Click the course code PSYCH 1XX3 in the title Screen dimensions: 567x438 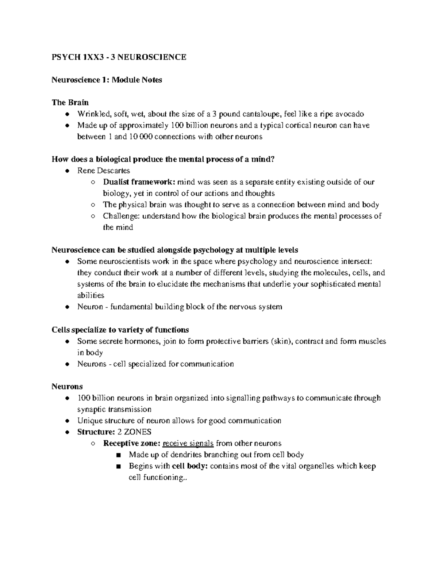click(x=73, y=57)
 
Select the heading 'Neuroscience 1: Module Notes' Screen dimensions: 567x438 click(x=107, y=80)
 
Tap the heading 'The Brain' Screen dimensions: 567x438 click(x=70, y=102)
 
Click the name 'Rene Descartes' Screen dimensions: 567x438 click(x=103, y=171)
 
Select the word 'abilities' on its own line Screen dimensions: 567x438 click(x=91, y=295)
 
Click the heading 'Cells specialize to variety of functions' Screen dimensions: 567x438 click(x=120, y=330)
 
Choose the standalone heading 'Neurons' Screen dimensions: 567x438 click(x=67, y=386)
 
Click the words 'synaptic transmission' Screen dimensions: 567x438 click(x=114, y=409)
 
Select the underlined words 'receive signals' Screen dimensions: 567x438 click(x=188, y=443)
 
